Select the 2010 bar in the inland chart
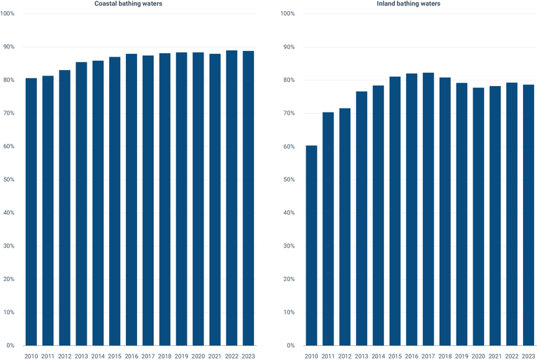tap(311, 245)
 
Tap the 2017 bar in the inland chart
tap(428, 209)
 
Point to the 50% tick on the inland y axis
tap(289, 180)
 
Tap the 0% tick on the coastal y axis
tap(10, 345)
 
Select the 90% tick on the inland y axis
tap(289, 47)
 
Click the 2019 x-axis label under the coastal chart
tap(181, 356)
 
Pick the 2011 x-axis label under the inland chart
tap(328, 356)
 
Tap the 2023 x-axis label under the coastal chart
tap(248, 356)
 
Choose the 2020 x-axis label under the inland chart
tap(478, 356)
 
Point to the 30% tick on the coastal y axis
tap(8, 246)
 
